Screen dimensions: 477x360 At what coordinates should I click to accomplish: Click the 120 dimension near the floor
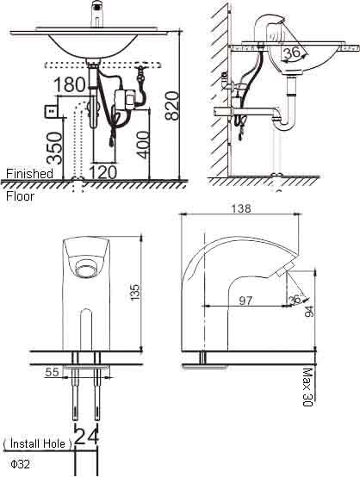coord(103,171)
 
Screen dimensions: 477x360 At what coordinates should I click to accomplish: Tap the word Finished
coord(29,174)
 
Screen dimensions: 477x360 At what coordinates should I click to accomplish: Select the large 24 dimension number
coord(87,437)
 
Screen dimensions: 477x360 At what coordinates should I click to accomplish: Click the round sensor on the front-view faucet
coord(85,270)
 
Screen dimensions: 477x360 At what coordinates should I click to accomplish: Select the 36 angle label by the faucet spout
coord(295,299)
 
